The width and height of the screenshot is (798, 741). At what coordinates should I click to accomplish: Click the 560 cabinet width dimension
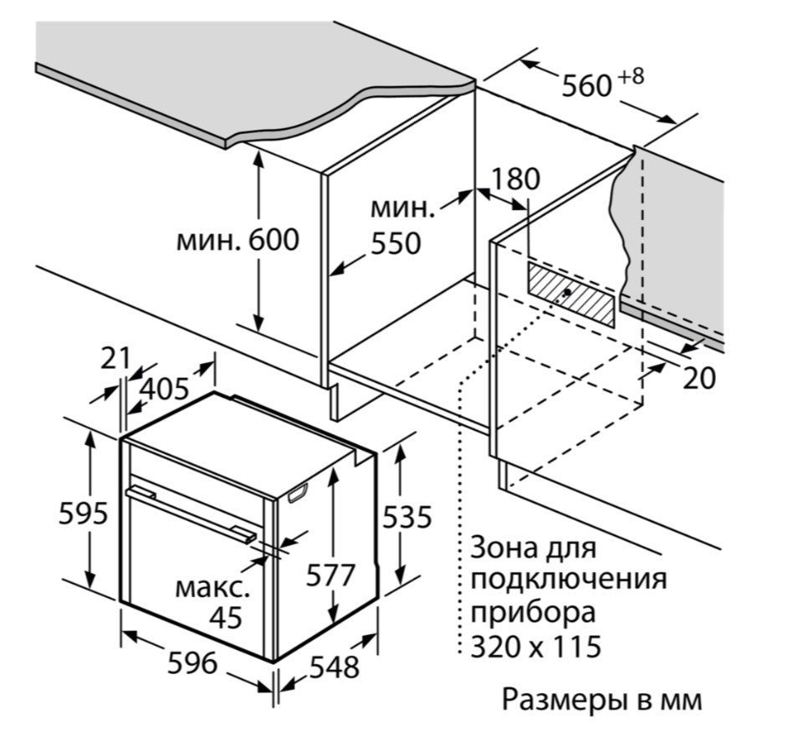pos(586,85)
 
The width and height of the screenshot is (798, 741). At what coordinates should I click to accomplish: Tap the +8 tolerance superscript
pos(631,76)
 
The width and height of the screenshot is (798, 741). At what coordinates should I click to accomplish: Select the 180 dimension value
pos(515,179)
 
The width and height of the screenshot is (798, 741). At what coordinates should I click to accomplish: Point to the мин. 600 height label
pos(238,240)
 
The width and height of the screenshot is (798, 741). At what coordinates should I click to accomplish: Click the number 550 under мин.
pos(396,243)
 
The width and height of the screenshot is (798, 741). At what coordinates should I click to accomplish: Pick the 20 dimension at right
pos(698,378)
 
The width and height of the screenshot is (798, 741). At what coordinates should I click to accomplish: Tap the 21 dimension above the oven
pos(115,358)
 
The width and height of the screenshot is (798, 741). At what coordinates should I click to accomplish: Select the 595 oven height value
pos(83,513)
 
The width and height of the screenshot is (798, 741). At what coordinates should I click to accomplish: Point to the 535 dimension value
pos(407,517)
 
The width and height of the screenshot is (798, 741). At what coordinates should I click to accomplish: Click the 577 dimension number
pos(330,575)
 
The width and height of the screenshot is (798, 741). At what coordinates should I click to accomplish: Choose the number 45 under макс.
pos(226,617)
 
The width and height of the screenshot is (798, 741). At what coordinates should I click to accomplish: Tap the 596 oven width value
pos(192,662)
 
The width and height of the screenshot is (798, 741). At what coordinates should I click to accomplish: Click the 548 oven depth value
pos(335,667)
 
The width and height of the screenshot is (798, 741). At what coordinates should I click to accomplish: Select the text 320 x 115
pos(535,646)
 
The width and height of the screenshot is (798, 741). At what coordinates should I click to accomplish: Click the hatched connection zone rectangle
pos(571,294)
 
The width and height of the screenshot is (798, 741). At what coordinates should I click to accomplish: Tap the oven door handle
pos(192,514)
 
